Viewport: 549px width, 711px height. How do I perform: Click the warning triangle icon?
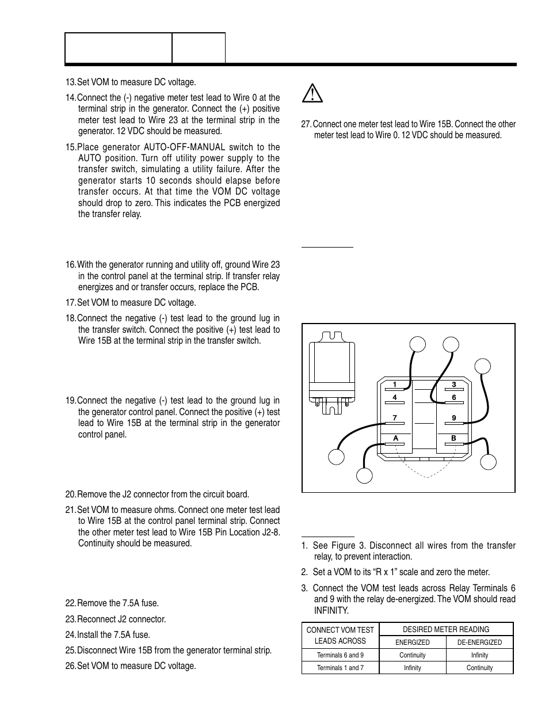point(312,93)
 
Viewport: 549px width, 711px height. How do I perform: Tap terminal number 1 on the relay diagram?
point(395,385)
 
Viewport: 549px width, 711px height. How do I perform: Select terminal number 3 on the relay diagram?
point(453,385)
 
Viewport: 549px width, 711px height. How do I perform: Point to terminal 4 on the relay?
point(395,397)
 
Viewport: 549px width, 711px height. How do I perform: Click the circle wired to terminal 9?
point(483,366)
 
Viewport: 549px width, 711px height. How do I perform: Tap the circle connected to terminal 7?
point(337,457)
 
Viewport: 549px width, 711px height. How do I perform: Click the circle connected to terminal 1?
point(417,344)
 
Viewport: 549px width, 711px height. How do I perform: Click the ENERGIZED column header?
point(412,642)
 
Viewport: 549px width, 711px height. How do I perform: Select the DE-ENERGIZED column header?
point(479,642)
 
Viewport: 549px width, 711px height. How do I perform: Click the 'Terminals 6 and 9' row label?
point(340,655)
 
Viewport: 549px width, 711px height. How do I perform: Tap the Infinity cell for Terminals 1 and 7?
point(412,668)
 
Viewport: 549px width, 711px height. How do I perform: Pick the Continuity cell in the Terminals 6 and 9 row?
point(412,655)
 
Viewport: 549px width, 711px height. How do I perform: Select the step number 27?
point(306,124)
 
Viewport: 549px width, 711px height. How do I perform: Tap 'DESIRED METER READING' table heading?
point(446,629)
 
